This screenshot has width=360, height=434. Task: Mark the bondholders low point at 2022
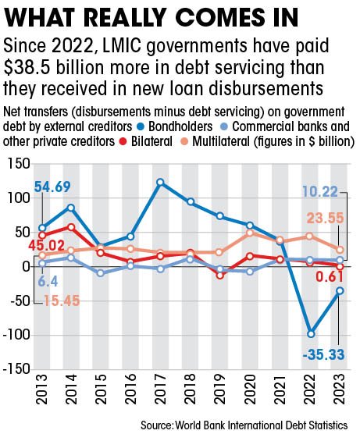coord(310,333)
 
